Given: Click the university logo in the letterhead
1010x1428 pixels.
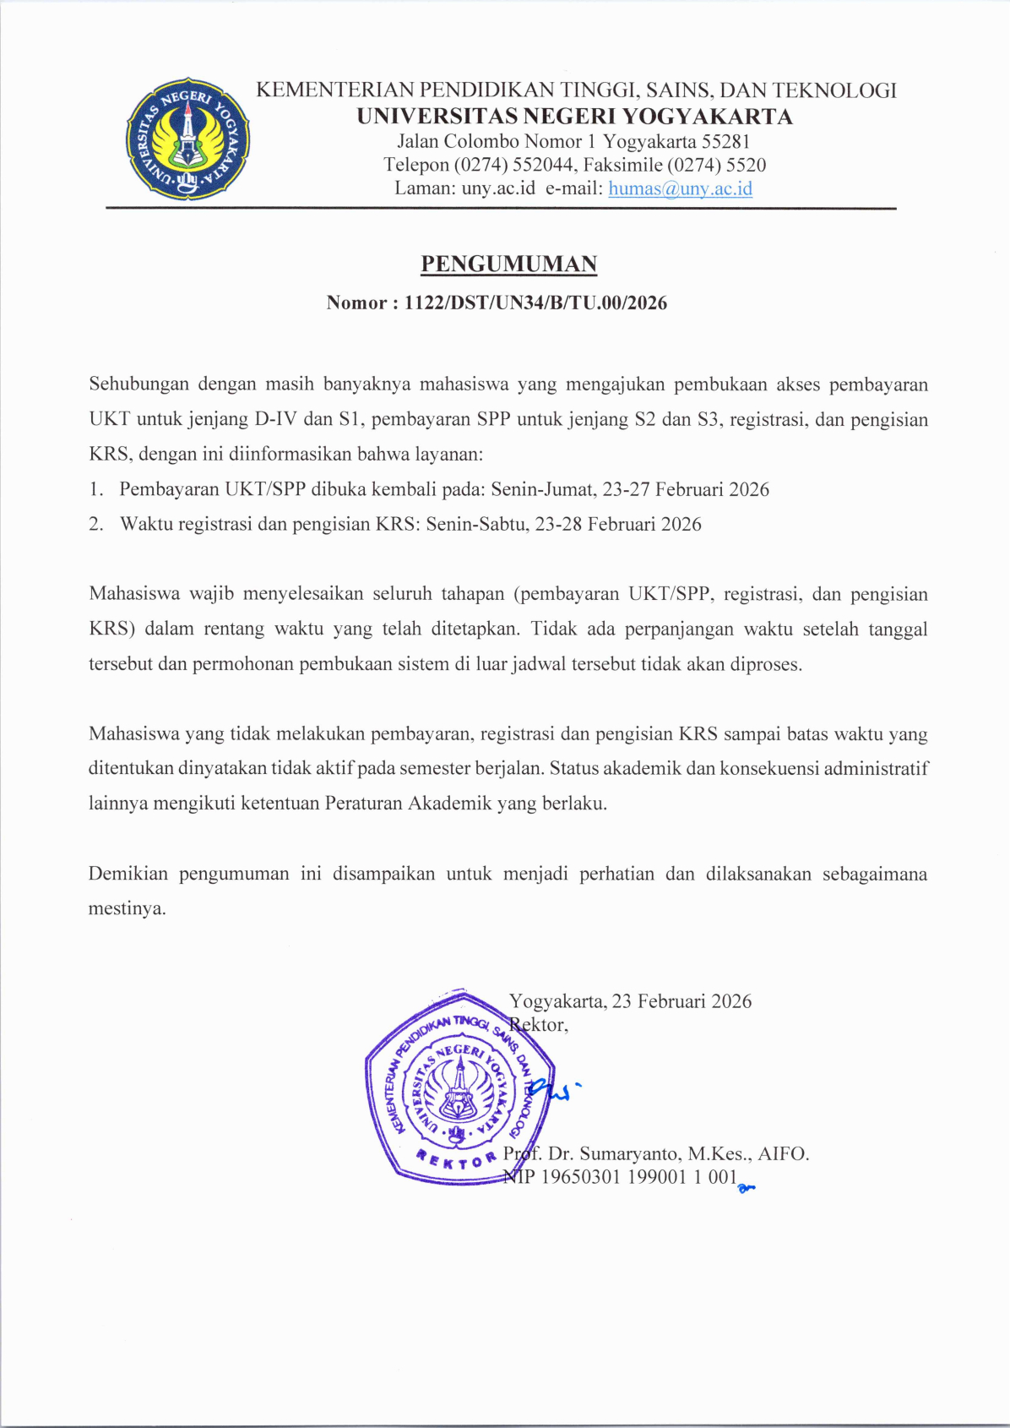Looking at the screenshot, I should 187,139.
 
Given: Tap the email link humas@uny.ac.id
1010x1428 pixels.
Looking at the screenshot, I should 680,188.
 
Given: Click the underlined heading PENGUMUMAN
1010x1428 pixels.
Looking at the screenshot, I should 509,264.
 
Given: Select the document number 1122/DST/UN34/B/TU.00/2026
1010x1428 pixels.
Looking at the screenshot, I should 535,302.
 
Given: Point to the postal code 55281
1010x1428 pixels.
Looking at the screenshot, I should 725,142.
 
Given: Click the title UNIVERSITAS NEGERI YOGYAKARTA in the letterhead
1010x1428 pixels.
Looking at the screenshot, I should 574,117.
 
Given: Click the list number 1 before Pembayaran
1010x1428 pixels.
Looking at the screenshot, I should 95,489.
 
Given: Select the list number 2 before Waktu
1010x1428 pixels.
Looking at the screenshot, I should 95,524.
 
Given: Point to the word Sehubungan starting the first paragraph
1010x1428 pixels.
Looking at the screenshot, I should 138,384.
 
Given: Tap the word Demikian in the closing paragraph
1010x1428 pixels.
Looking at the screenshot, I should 128,874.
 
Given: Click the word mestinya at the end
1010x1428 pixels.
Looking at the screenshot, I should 126,909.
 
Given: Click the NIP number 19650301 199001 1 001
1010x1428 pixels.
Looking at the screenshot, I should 638,1177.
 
